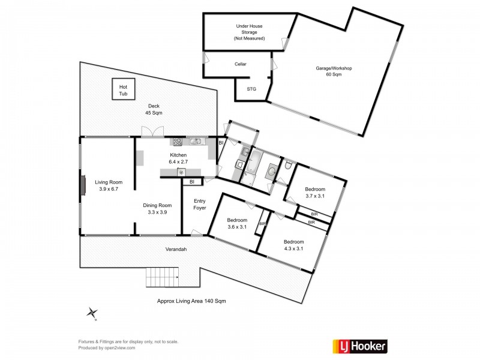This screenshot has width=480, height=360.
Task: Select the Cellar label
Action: click(x=240, y=64)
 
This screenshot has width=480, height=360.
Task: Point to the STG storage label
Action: click(x=252, y=89)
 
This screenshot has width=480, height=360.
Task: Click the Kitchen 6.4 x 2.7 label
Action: click(x=178, y=158)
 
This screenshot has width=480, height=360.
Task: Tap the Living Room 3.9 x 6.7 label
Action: click(x=109, y=186)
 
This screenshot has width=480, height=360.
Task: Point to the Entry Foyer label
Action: click(x=200, y=205)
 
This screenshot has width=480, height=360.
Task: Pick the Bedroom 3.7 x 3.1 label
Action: click(x=314, y=192)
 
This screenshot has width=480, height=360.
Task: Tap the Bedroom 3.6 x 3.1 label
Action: click(x=237, y=223)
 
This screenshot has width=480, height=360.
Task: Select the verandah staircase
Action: click(x=163, y=277)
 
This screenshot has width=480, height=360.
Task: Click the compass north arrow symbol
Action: click(x=92, y=312)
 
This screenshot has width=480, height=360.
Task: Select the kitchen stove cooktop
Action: click(x=178, y=142)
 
